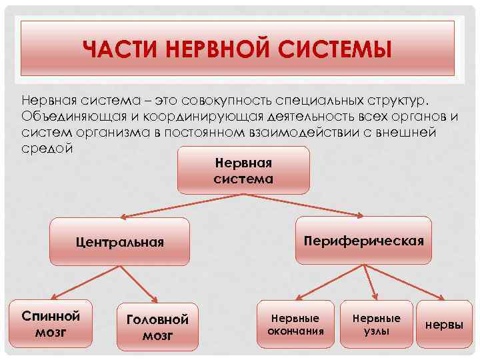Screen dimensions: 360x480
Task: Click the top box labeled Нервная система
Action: (x=243, y=171)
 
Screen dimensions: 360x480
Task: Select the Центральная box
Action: (x=119, y=241)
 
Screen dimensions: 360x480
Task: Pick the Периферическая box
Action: (x=363, y=241)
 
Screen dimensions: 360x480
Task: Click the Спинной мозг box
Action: (x=51, y=323)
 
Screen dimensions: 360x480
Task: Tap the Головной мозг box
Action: (x=157, y=327)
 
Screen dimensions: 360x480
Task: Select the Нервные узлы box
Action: (x=377, y=324)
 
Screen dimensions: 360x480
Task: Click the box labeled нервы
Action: (x=444, y=325)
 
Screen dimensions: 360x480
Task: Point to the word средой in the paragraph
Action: (x=45, y=147)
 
